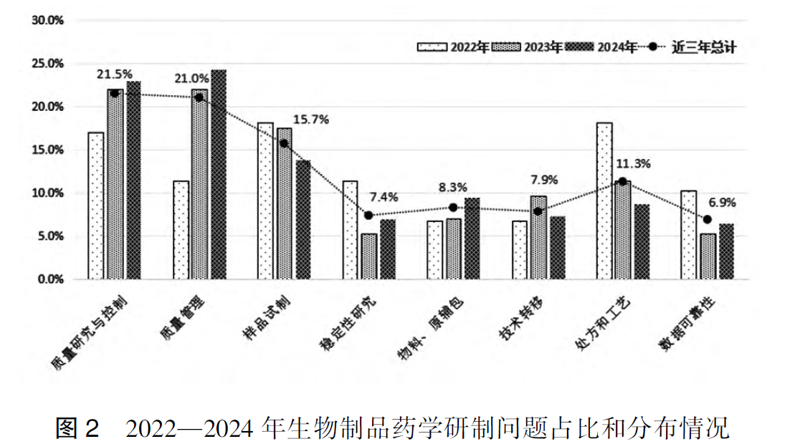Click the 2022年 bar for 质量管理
click(181, 230)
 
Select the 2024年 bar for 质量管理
click(218, 175)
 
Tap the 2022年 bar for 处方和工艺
click(604, 201)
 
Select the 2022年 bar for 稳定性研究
click(350, 230)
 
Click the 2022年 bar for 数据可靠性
click(689, 235)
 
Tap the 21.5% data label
click(115, 74)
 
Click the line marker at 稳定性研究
click(368, 215)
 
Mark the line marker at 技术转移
click(538, 211)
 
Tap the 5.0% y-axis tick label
click(50, 236)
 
